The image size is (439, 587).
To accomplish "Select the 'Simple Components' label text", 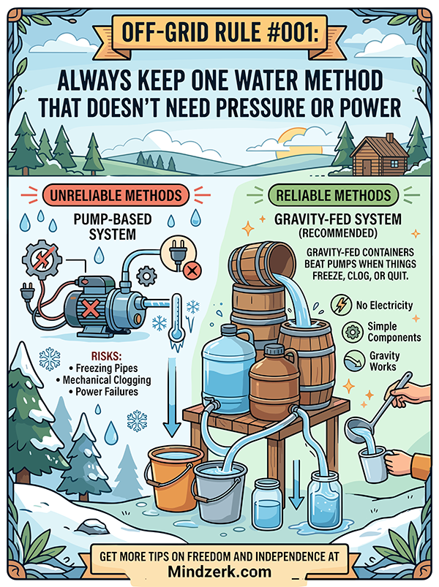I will [394, 331].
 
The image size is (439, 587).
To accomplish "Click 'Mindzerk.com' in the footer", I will [219, 571].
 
